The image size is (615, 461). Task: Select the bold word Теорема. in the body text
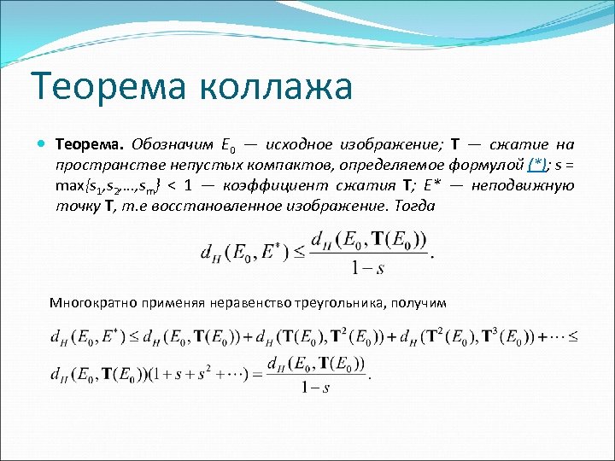[x=89, y=143]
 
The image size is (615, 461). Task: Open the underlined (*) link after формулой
[x=537, y=164]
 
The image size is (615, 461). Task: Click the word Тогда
[x=415, y=206]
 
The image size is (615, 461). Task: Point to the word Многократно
[x=88, y=302]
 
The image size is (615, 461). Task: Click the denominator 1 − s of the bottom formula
[x=315, y=388]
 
